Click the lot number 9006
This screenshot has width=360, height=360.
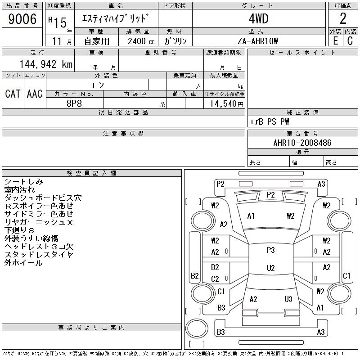[x=22, y=19]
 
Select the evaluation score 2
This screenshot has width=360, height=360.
[x=343, y=19]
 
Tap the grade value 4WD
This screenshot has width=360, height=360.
[x=258, y=19]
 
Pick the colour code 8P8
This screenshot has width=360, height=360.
[x=74, y=103]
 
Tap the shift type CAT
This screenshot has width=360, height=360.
[x=13, y=94]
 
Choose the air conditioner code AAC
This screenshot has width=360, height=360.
[x=35, y=94]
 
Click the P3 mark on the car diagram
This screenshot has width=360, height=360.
[x=270, y=250]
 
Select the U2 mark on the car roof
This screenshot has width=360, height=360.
[x=270, y=268]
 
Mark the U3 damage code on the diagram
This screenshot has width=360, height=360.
[x=288, y=299]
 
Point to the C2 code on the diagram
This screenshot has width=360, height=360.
[x=215, y=279]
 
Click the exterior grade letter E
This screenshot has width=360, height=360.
[x=335, y=41]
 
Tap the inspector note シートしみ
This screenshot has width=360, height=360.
[x=23, y=182]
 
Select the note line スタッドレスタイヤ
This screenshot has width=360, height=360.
[x=39, y=255]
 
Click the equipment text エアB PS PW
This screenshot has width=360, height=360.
[x=270, y=122]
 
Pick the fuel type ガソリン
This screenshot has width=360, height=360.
[x=175, y=41]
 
